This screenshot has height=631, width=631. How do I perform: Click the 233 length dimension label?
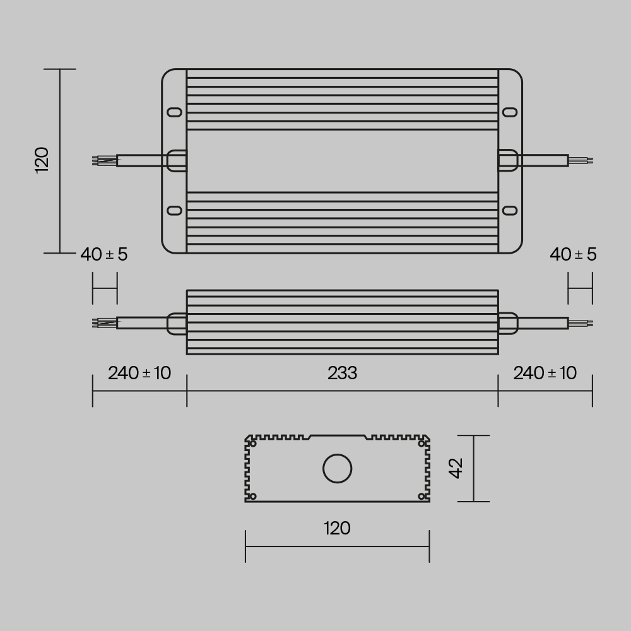[x=342, y=374]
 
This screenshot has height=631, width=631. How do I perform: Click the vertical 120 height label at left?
[x=42, y=160]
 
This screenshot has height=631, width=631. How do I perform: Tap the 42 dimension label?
[x=456, y=468]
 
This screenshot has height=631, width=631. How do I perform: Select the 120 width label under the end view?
[x=337, y=528]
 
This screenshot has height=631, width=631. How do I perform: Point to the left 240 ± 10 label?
[x=139, y=373]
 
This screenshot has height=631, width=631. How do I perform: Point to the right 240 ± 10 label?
[x=545, y=373]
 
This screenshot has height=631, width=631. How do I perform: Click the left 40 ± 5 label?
[x=104, y=254]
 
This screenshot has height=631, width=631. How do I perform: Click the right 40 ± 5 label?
[x=573, y=254]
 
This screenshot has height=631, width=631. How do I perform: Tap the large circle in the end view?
[x=338, y=469]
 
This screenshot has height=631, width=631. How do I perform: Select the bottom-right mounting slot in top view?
[x=509, y=210]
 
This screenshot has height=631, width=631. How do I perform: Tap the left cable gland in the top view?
[x=176, y=160]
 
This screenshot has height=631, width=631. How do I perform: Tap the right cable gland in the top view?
[x=508, y=160]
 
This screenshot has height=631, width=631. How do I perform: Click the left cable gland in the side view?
[x=177, y=323]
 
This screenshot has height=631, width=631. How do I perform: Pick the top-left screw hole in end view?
[x=253, y=444]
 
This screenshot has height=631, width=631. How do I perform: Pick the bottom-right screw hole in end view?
[x=422, y=496]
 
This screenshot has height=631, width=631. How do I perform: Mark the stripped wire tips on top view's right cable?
[x=581, y=160]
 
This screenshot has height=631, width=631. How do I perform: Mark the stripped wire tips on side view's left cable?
[x=104, y=323]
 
